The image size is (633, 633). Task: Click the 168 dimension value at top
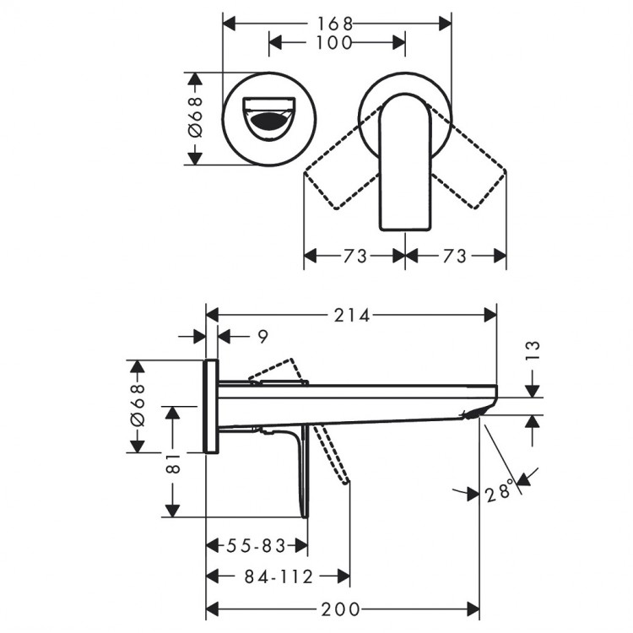click(x=336, y=23)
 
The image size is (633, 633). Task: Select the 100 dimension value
click(x=336, y=42)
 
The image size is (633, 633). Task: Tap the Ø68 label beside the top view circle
click(x=194, y=117)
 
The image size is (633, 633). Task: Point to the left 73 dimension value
click(x=355, y=256)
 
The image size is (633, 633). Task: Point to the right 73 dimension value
click(x=454, y=256)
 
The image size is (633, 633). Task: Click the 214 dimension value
click(x=353, y=316)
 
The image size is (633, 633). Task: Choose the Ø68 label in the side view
click(x=137, y=406)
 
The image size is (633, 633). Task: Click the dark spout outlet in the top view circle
click(x=269, y=123)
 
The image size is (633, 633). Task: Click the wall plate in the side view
click(x=213, y=406)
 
